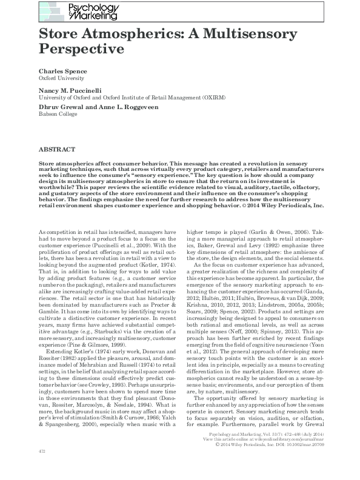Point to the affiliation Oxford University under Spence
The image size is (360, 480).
61,78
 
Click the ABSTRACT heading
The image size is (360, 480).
57,149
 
